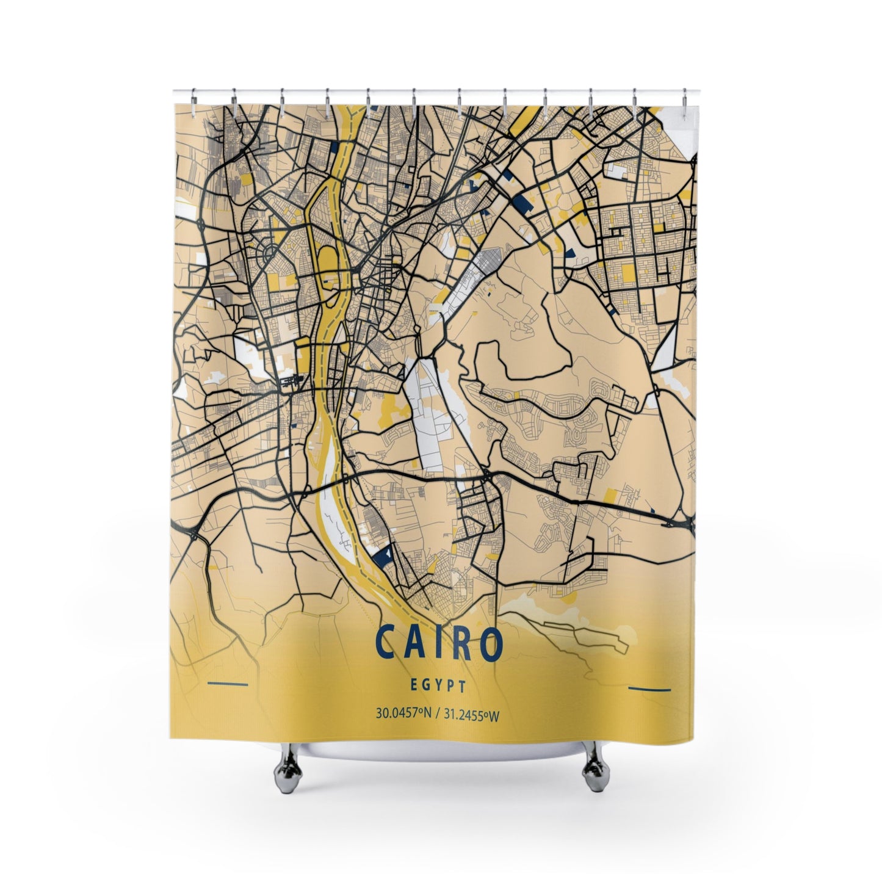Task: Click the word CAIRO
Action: pos(439,642)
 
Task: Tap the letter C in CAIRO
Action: pos(385,642)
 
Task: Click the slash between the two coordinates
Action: pos(435,714)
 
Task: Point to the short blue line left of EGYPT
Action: pos(228,683)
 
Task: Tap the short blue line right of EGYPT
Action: pos(649,689)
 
